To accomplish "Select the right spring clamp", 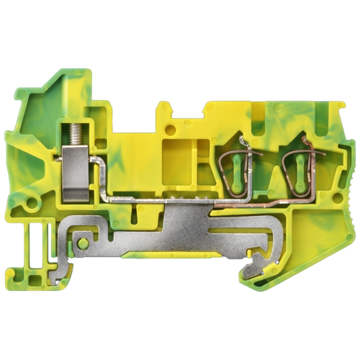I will [x=297, y=162].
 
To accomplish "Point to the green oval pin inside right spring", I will [x=295, y=161].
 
